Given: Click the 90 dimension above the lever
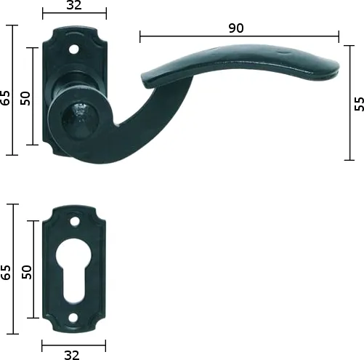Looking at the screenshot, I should tap(235, 28).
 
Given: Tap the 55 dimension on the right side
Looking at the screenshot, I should tap(357, 103).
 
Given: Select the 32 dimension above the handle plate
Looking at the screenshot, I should tap(73, 6).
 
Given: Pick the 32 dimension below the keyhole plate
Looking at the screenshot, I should tap(71, 354).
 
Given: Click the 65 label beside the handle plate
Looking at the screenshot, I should tap(7, 97).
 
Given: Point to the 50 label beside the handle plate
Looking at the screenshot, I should tap(25, 98).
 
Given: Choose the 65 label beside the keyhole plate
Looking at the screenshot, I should tap(7, 273).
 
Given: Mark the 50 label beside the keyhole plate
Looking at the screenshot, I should tap(26, 271).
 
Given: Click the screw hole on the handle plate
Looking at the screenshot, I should tap(73, 49).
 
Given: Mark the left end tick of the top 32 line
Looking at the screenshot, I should tap(42, 14).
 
